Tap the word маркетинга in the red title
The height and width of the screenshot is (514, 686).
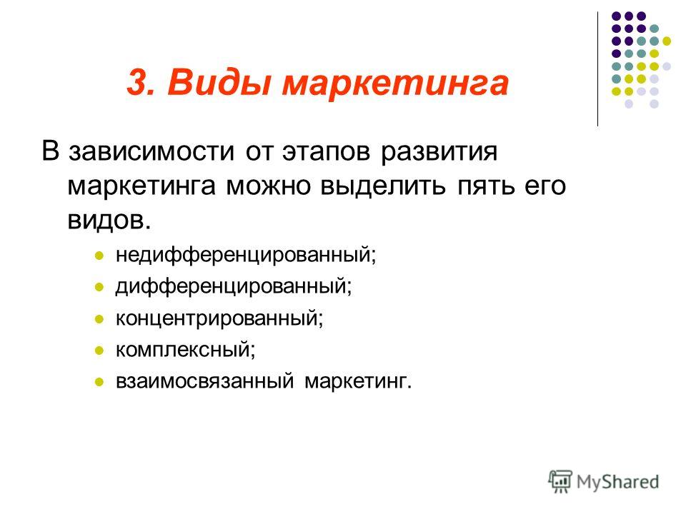point(395,83)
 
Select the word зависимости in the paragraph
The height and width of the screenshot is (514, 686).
point(151,151)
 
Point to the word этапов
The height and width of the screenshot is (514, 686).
point(326,151)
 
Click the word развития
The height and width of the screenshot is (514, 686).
point(439,151)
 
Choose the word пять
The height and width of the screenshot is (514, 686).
point(486,186)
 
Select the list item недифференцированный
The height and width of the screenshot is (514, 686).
point(246,254)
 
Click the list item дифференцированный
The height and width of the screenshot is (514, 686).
point(234,286)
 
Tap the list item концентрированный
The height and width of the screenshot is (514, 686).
point(219,318)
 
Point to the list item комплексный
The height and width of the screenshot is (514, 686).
point(186,350)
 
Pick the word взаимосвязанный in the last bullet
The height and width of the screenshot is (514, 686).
point(205,381)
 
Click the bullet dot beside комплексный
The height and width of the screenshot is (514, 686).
point(99,350)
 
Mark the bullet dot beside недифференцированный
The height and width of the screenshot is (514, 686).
point(99,256)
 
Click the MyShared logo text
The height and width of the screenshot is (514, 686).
point(617,482)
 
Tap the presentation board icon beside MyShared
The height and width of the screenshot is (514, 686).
point(560,481)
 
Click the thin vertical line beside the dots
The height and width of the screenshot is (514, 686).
point(597,69)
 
